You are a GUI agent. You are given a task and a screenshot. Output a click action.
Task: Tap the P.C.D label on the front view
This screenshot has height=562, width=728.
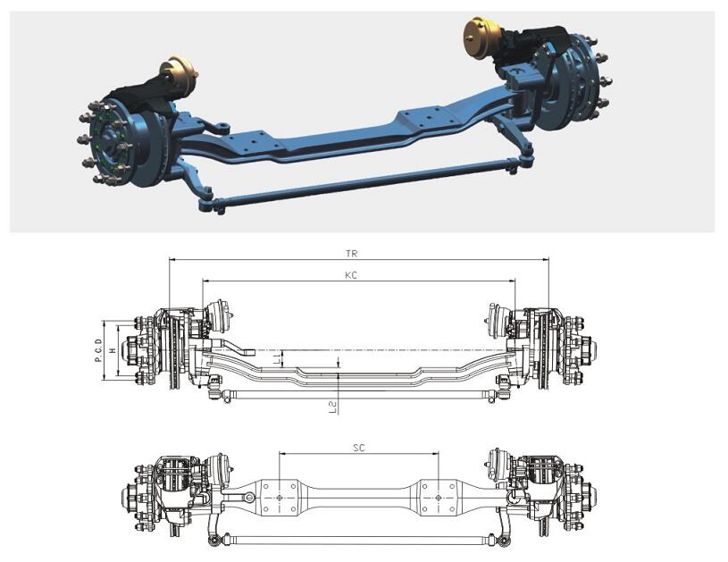pyautogui.click(x=98, y=351)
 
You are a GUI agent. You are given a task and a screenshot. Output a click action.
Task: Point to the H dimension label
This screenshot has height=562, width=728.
pyautogui.click(x=111, y=351)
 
